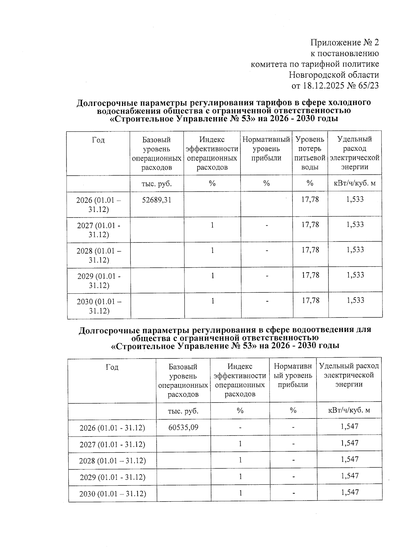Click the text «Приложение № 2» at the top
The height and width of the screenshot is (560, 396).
345,43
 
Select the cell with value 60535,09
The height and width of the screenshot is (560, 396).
183,427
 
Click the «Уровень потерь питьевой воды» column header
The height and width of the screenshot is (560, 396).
310,153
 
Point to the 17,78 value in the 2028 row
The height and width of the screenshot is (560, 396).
310,250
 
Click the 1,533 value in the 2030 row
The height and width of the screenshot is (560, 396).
355,300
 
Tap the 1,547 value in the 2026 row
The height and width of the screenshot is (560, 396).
349,426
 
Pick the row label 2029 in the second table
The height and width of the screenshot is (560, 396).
112,477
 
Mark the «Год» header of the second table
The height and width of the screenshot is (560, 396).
112,367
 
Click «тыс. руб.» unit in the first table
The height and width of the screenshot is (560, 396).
156,184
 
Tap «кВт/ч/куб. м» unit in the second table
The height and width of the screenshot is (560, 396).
349,411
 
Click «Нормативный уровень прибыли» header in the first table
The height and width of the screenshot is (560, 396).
266,148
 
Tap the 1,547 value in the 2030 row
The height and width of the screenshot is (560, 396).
349,492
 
